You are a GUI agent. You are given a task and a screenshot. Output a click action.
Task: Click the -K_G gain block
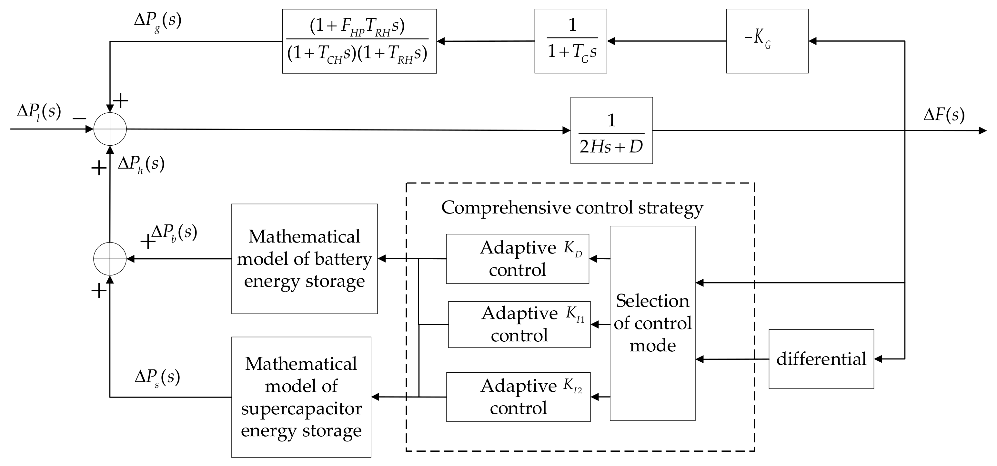(767, 41)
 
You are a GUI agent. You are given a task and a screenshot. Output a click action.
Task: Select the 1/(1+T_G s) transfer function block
(570, 41)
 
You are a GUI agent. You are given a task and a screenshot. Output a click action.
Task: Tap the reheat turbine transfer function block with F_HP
(359, 41)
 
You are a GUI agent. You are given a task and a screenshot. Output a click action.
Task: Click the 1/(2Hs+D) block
(611, 130)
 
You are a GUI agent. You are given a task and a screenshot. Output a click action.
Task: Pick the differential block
(821, 359)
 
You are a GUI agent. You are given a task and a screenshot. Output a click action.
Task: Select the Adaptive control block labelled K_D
(518, 259)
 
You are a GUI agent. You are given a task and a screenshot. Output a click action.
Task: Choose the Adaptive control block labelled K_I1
(519, 324)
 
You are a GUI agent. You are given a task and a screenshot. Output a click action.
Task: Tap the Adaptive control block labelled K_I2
(518, 397)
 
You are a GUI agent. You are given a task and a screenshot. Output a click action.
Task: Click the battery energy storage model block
(304, 259)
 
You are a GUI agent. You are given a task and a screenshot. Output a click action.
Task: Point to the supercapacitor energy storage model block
(301, 397)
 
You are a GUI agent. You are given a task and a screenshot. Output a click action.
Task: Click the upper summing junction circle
(110, 129)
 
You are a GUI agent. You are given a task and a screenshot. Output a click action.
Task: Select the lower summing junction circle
(110, 259)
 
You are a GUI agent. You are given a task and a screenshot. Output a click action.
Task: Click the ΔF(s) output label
(943, 115)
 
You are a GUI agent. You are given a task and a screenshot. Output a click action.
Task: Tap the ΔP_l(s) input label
(39, 112)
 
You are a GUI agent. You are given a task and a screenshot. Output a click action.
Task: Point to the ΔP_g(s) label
(157, 21)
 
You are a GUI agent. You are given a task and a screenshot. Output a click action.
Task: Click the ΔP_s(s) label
(157, 377)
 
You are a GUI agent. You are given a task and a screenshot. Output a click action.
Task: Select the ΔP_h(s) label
(141, 164)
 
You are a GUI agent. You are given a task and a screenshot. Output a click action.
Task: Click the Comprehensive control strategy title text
(572, 208)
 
